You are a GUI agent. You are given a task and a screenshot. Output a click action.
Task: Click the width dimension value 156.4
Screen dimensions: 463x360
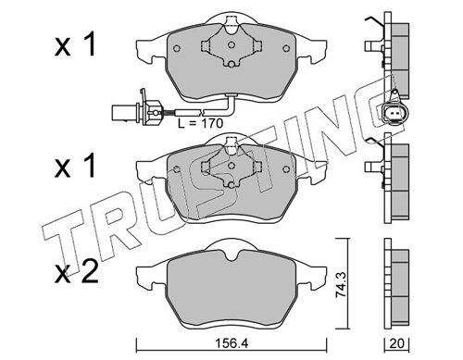pyautogui.click(x=231, y=343)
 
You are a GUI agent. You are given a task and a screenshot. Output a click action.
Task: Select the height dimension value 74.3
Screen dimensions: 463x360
pyautogui.click(x=341, y=284)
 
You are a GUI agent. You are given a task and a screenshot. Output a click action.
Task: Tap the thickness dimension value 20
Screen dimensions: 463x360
pyautogui.click(x=396, y=343)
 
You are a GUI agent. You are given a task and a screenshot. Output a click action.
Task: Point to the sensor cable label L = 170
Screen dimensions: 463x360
pyautogui.click(x=200, y=123)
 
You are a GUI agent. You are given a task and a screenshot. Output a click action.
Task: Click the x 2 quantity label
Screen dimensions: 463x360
pyautogui.click(x=76, y=272)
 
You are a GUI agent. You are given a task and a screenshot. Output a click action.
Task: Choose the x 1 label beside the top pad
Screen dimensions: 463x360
pyautogui.click(x=75, y=45)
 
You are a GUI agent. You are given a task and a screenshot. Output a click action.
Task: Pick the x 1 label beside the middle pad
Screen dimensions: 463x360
pyautogui.click(x=74, y=167)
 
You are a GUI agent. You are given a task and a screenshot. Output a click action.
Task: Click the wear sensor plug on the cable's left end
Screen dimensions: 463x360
pyautogui.click(x=136, y=111)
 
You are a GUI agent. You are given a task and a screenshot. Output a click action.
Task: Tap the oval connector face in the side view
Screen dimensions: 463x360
pyautogui.click(x=392, y=114)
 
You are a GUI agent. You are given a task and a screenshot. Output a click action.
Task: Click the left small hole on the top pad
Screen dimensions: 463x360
pyautogui.click(x=177, y=48)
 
